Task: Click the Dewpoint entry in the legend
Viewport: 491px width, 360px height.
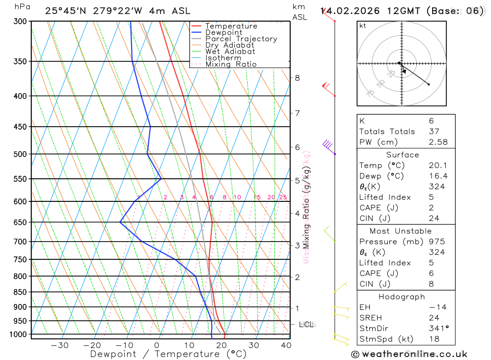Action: (x=223, y=32)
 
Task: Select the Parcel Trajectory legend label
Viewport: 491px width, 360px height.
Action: (x=241, y=39)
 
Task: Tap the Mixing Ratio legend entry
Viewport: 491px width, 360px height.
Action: (x=231, y=64)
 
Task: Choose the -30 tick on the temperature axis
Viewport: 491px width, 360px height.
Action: (x=60, y=345)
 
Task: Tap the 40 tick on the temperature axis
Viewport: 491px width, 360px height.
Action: (x=286, y=345)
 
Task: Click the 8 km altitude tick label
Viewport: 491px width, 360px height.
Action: (x=298, y=78)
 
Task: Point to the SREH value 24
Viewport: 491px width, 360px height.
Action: (x=434, y=318)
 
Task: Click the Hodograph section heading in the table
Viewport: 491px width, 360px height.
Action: (x=402, y=297)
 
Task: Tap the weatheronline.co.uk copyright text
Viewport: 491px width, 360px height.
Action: (x=409, y=354)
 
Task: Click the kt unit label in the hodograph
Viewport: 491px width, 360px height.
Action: (x=363, y=26)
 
